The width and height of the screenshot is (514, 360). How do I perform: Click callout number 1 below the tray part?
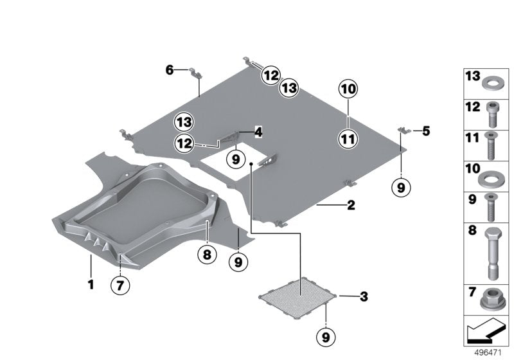pos(91,283)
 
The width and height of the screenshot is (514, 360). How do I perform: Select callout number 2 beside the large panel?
pos(351,206)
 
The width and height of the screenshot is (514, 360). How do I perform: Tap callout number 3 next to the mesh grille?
pos(364,297)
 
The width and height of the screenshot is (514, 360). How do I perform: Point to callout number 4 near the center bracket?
pos(258,132)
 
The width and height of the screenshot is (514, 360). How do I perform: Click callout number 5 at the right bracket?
pos(426,130)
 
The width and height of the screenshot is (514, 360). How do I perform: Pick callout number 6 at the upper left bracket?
pos(170,69)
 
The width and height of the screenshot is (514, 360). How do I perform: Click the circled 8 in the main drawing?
pos(207,255)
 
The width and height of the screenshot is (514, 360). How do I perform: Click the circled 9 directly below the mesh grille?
pos(326,336)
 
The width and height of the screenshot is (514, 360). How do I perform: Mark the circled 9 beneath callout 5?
pos(401,187)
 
